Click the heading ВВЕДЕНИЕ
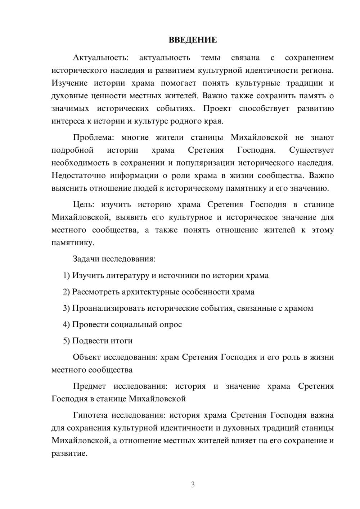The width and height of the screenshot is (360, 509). click(193, 40)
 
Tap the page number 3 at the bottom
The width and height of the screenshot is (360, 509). click(193, 485)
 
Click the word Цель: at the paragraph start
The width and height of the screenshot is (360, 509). click(84, 205)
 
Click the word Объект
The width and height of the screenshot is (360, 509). click(87, 357)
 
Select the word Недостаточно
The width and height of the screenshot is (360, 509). click(78, 176)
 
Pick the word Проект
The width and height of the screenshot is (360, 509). click(217, 109)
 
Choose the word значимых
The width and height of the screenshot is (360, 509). click(70, 109)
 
